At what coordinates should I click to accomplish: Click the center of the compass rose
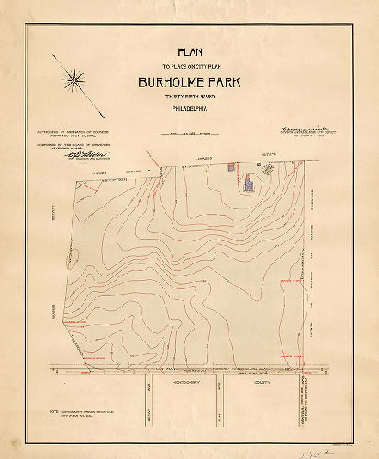74,82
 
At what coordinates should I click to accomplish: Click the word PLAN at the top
188,51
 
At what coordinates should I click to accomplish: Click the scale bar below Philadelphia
188,136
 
